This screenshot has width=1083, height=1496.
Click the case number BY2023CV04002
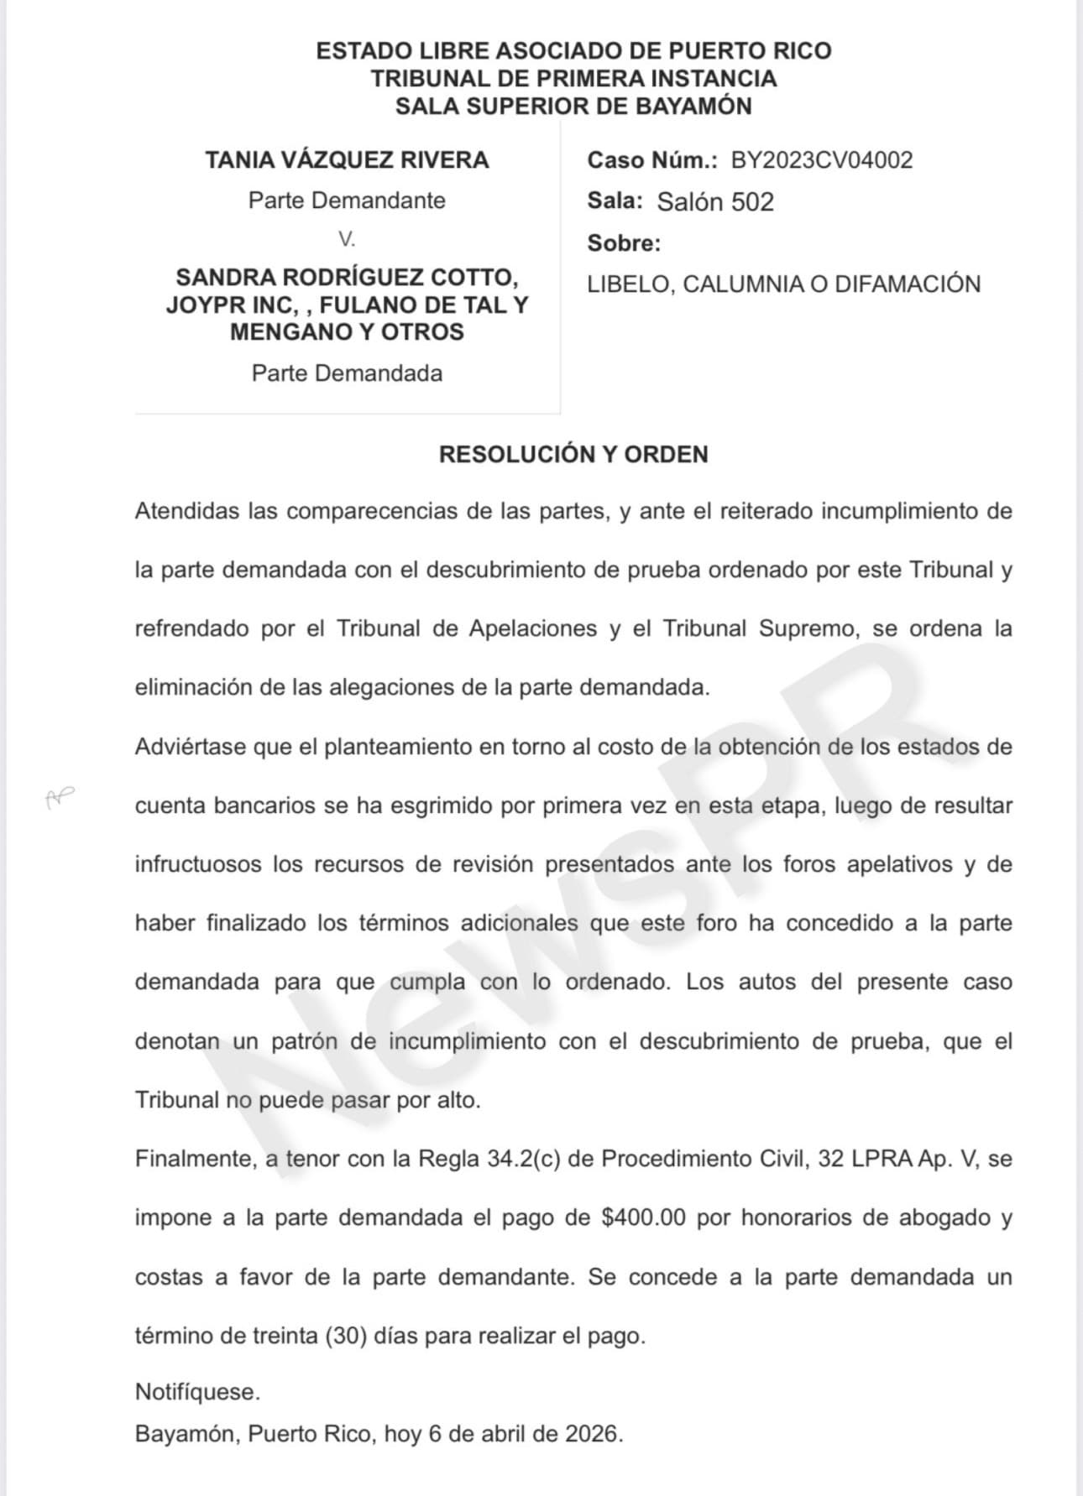[x=821, y=160]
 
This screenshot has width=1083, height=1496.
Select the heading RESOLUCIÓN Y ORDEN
[x=573, y=455]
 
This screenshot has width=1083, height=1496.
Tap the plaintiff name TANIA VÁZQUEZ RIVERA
[x=347, y=160]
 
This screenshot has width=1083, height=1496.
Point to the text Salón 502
[x=714, y=202]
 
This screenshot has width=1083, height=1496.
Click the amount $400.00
[x=644, y=1217]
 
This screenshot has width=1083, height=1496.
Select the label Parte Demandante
[x=347, y=201]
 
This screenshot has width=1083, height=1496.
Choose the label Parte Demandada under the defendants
[x=347, y=373]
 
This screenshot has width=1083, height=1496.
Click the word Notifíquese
[x=197, y=1392]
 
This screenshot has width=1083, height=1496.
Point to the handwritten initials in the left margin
[x=60, y=797]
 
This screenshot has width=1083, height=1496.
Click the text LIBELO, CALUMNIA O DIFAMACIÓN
[x=783, y=284]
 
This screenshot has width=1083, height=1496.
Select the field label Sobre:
[x=624, y=243]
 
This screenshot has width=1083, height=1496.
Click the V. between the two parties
[x=347, y=240]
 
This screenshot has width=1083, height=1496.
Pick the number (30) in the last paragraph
[x=346, y=1336]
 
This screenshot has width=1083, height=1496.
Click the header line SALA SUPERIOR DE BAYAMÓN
[x=573, y=107]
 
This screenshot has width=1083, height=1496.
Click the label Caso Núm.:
[x=651, y=160]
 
